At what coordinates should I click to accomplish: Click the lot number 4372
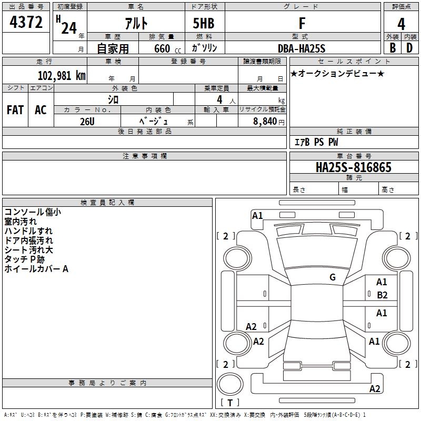coord(26,22)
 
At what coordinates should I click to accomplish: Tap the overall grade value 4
coord(401,24)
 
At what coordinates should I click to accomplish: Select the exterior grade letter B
coord(393,48)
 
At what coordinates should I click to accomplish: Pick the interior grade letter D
coord(409,48)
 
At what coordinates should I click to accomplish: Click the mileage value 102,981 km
coord(62,75)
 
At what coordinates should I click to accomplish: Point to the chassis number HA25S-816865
coord(354,167)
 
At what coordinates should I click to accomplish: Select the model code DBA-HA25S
coord(302,48)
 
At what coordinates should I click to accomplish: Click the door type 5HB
coord(204,23)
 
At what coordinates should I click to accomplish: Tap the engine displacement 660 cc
coord(167,49)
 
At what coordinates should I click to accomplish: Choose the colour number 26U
coord(87,122)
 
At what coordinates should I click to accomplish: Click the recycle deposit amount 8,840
coord(265,122)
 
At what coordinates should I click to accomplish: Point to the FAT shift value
coord(15,110)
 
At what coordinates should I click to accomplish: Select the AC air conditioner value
coord(41,110)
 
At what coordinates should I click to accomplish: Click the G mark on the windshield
coord(333,277)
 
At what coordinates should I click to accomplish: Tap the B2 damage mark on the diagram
coord(382,295)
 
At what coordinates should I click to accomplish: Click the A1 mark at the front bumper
coord(257,216)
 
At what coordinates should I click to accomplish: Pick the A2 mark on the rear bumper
coord(375,388)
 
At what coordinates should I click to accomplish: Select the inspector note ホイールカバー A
coord(36,269)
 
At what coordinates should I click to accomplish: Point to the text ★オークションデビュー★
coord(337,73)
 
